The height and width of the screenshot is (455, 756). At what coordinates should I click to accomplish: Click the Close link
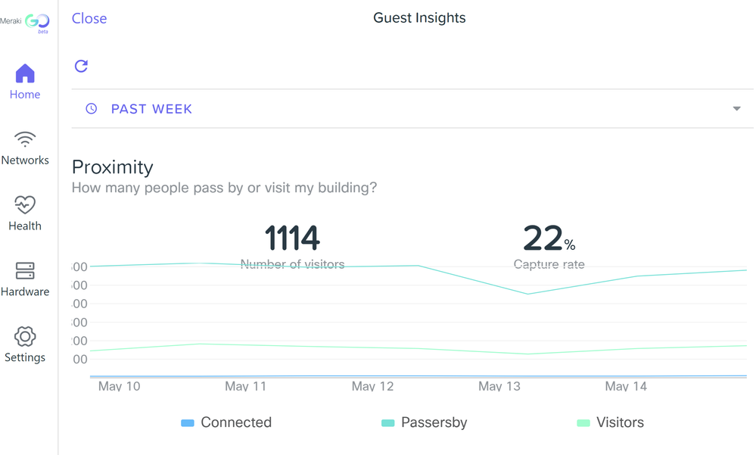click(89, 19)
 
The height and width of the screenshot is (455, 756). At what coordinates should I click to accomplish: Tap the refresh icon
click(81, 66)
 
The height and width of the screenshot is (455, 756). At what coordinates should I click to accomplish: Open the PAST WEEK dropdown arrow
click(736, 109)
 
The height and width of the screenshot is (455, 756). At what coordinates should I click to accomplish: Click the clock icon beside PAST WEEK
click(92, 109)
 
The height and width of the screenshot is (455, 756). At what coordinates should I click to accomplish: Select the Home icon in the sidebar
click(25, 73)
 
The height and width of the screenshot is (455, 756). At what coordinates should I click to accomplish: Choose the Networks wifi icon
click(25, 139)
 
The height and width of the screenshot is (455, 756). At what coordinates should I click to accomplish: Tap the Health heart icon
click(25, 205)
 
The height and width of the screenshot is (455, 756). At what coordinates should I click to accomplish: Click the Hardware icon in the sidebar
click(25, 271)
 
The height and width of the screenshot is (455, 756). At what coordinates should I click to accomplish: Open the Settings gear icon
click(25, 336)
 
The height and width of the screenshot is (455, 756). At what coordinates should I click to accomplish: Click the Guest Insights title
click(419, 18)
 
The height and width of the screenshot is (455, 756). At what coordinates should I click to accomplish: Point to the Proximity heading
click(112, 167)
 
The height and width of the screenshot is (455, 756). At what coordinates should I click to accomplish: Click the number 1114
click(292, 239)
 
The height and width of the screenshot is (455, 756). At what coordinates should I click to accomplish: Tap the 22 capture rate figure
click(543, 239)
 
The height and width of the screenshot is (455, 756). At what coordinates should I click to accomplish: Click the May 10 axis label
click(120, 386)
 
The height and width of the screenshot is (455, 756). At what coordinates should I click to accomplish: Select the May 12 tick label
click(373, 386)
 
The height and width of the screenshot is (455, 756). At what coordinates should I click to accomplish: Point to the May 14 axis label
click(626, 386)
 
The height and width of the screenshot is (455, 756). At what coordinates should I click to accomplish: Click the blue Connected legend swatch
click(188, 423)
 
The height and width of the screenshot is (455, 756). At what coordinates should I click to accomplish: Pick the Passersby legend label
click(434, 422)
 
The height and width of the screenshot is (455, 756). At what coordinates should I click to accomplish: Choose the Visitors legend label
click(620, 422)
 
